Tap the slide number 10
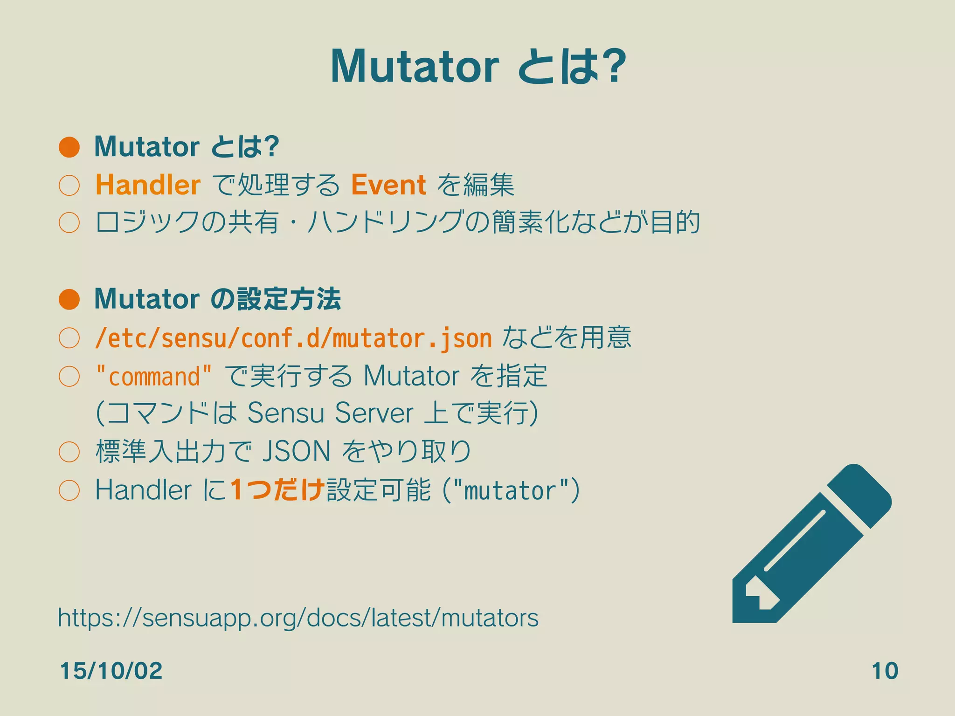tap(885, 671)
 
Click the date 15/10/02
tap(111, 671)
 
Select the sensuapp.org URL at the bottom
tap(298, 618)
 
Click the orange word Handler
tap(148, 185)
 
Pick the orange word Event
tap(388, 185)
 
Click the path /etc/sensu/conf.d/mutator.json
tap(293, 338)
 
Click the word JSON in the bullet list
tap(297, 451)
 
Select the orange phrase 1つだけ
tap(277, 490)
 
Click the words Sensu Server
tap(330, 413)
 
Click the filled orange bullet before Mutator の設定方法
tap(69, 299)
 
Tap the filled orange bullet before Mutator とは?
tap(69, 147)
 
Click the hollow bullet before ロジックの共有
tap(69, 222)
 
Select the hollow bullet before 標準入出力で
tap(69, 452)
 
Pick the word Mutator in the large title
tap(414, 66)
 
